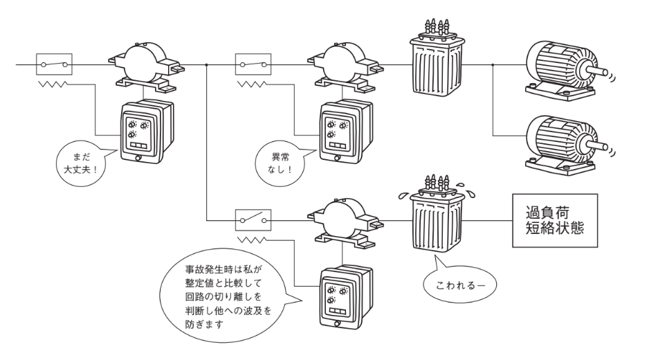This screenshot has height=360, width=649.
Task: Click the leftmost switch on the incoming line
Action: (54, 66)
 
